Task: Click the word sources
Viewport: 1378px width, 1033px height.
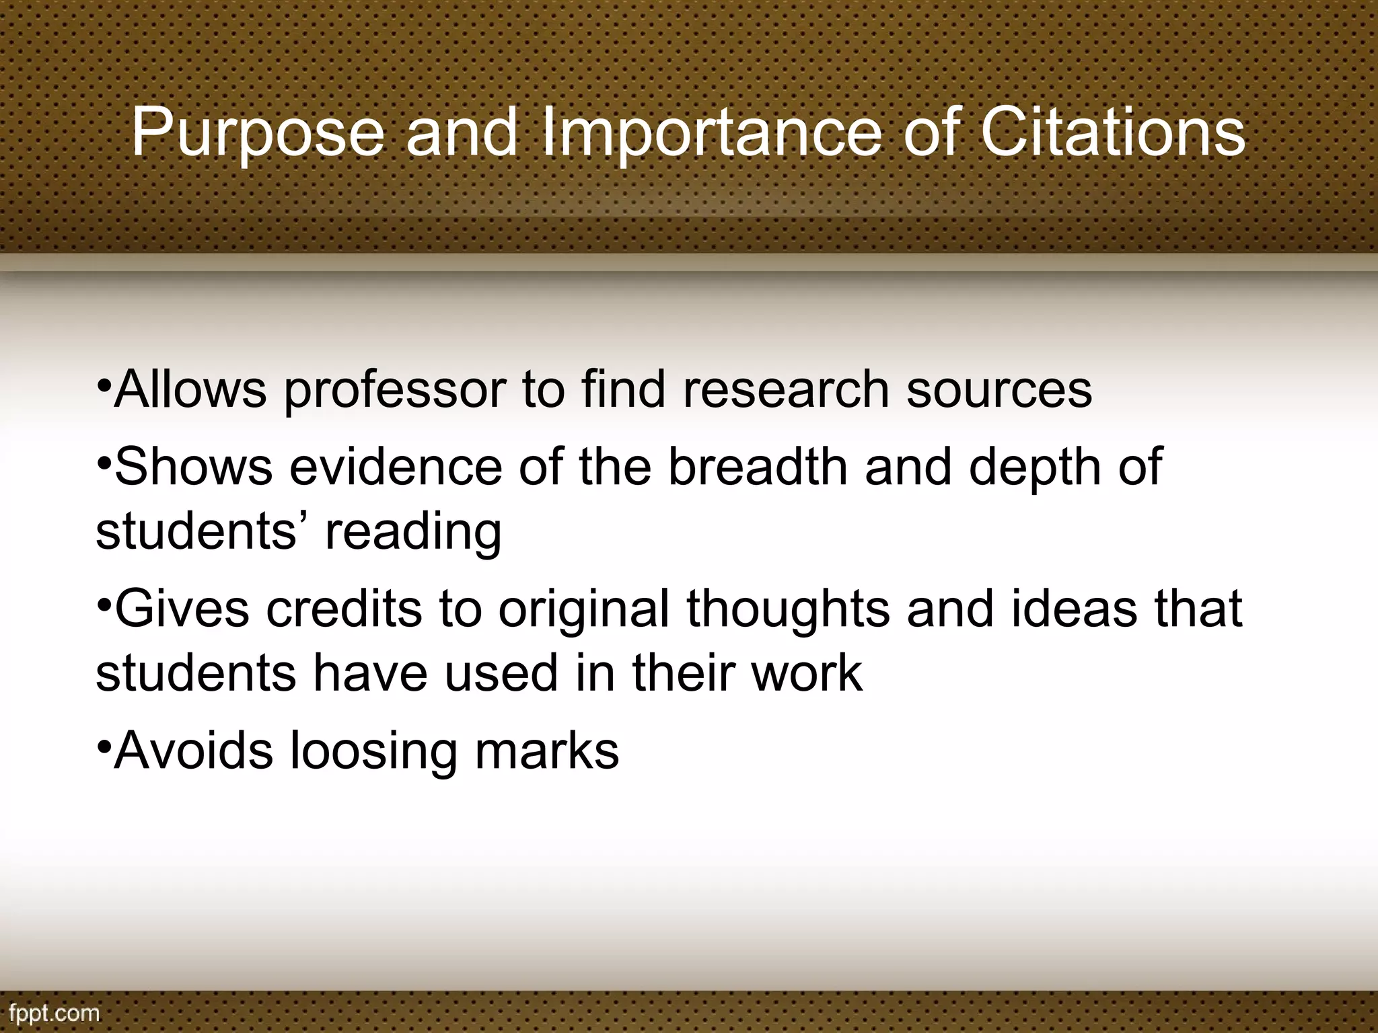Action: pyautogui.click(x=999, y=390)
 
